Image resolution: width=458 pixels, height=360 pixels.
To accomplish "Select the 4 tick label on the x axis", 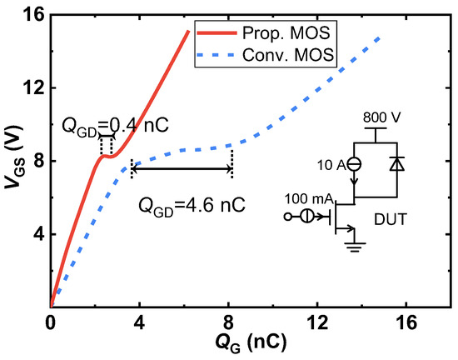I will point(138,322).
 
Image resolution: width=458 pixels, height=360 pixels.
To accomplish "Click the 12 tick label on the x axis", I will point(316,322).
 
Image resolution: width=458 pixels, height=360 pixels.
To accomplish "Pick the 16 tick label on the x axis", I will point(406,322).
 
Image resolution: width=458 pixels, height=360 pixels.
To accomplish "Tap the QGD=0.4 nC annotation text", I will point(114,125).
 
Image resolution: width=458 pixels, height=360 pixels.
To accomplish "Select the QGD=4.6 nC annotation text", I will point(192,203).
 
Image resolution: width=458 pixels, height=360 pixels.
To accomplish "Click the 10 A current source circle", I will point(354,165).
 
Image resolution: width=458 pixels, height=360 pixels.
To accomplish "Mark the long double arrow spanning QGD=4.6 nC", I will point(182,169).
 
